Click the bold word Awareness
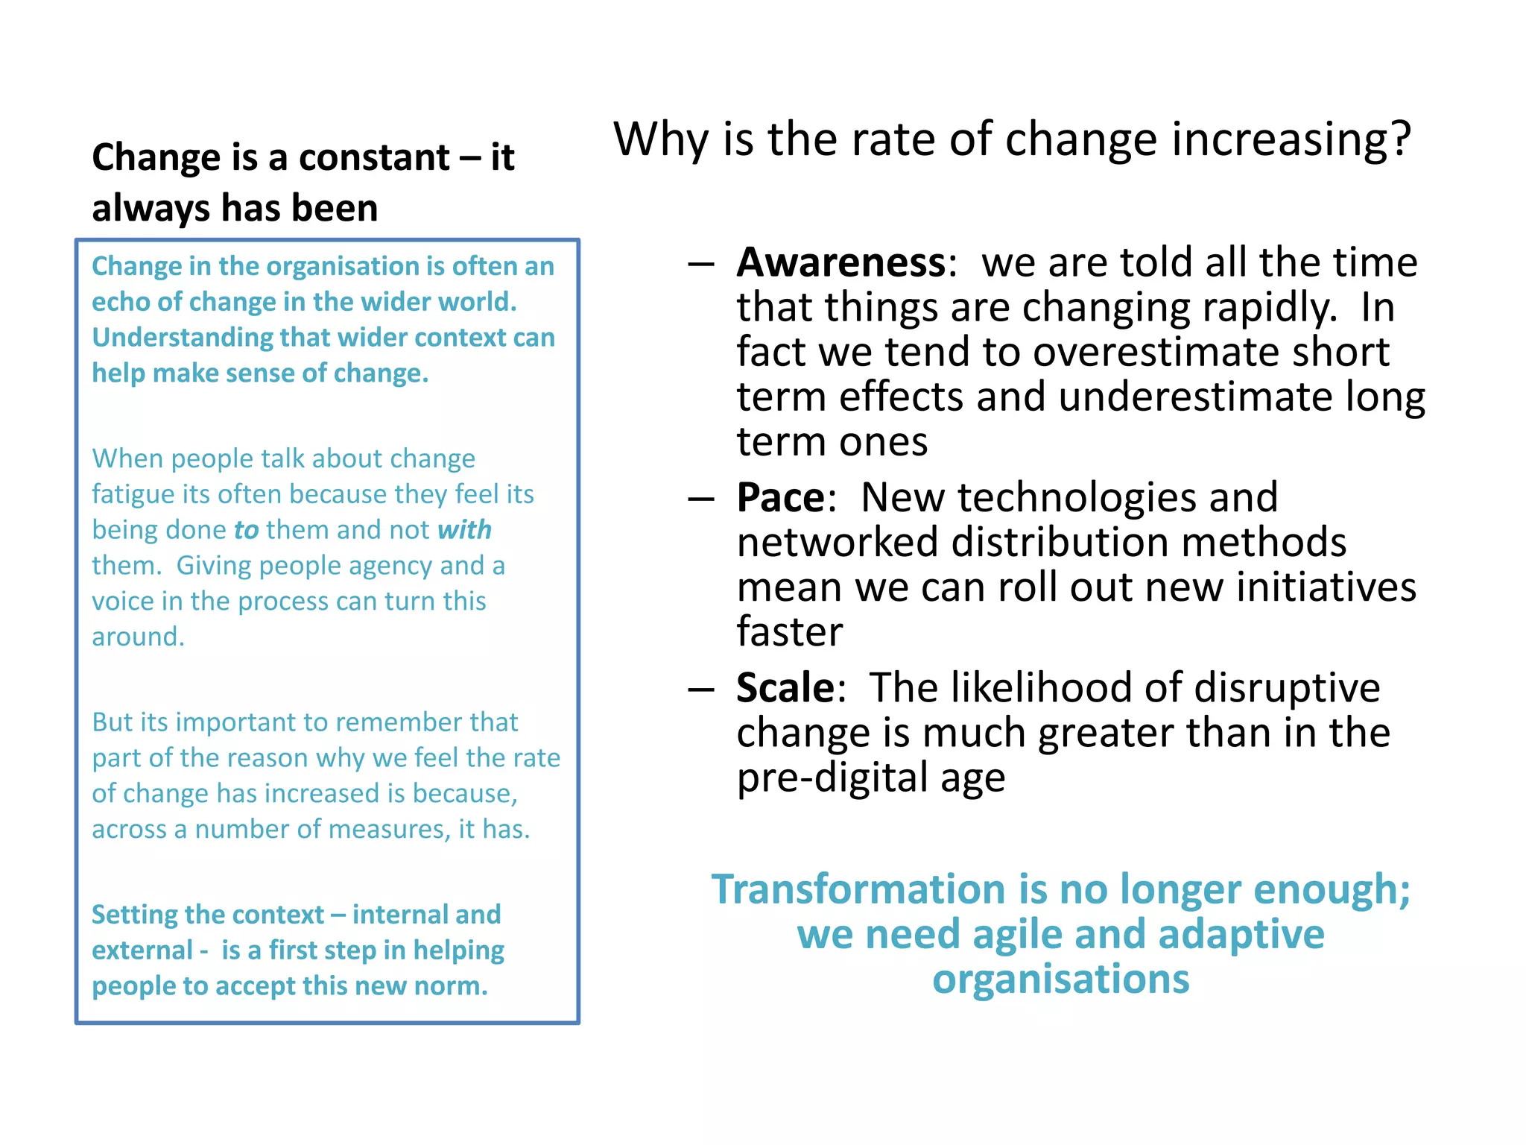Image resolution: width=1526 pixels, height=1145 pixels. tap(840, 262)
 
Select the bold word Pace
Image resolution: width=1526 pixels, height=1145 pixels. tap(780, 497)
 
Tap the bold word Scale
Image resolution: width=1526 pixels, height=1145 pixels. tap(785, 687)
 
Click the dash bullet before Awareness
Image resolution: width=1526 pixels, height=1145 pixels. tap(701, 264)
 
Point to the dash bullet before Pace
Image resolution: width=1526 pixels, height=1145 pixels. tap(701, 499)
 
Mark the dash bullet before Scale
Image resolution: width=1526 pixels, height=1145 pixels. tap(701, 689)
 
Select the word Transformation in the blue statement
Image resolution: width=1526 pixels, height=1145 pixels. tap(858, 889)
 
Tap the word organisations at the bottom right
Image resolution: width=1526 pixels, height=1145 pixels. tap(1060, 979)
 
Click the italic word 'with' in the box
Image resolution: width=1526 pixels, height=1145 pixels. tap(464, 530)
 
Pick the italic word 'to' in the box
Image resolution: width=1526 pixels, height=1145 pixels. tap(246, 530)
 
